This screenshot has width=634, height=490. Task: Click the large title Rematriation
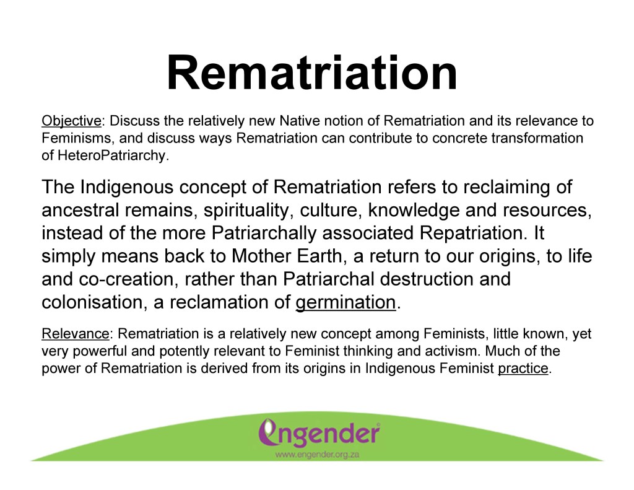click(312, 73)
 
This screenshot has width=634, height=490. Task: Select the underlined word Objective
click(71, 121)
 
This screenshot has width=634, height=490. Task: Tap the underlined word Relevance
click(75, 334)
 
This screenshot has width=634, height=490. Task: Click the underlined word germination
click(345, 303)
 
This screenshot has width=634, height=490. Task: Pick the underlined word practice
click(523, 369)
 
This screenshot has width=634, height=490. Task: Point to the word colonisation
click(92, 302)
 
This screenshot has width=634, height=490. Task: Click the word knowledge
click(413, 211)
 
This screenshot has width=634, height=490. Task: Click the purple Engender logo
click(319, 433)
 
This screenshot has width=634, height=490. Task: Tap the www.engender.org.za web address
click(318, 455)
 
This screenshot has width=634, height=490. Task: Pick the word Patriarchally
click(264, 234)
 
